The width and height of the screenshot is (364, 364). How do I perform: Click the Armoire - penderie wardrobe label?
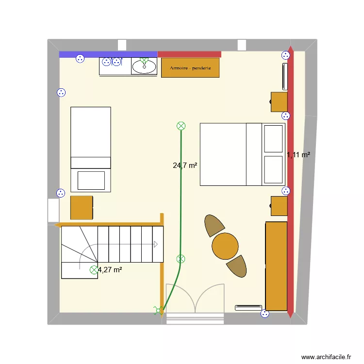(x=190, y=68)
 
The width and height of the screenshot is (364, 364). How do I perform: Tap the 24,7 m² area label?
(x=185, y=165)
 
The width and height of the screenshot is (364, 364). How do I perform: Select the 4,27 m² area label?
(x=110, y=270)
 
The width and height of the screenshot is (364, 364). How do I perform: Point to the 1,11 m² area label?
(x=298, y=155)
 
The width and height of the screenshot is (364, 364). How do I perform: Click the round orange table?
(x=225, y=246)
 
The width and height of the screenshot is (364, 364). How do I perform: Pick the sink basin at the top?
(x=144, y=67)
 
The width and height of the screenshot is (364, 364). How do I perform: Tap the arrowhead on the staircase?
(x=156, y=245)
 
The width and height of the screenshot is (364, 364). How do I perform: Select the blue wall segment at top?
(x=108, y=54)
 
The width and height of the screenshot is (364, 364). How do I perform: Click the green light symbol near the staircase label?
(x=94, y=270)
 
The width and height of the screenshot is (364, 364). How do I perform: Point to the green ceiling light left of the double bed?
(x=181, y=126)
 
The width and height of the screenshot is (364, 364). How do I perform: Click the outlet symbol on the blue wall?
(x=80, y=59)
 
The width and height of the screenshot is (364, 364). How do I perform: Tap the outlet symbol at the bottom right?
(x=265, y=314)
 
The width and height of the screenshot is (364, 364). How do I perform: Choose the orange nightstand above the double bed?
(x=279, y=102)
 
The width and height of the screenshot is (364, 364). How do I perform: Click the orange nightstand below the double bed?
(x=279, y=206)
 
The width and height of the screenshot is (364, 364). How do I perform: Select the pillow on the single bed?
(x=91, y=180)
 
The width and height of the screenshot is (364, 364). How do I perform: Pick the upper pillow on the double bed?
(x=274, y=138)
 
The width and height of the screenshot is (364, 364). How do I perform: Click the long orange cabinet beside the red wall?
(x=276, y=265)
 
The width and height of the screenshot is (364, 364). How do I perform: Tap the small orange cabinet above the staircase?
(x=82, y=207)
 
